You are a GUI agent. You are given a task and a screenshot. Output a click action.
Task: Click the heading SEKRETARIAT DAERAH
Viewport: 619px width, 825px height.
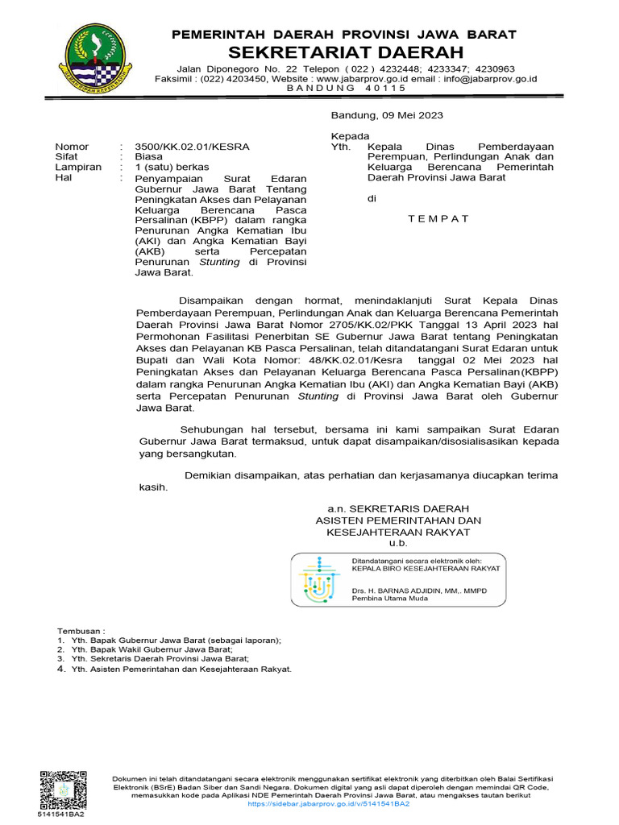point(346,52)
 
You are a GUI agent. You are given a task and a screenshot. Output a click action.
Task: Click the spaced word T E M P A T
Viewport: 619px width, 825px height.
point(438,218)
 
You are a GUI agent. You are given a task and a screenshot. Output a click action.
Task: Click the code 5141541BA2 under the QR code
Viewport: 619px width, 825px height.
point(60,814)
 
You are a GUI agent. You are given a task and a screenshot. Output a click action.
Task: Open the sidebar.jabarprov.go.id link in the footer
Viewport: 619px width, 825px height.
point(329,804)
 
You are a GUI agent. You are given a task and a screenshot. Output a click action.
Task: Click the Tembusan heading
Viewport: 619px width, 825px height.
point(81,630)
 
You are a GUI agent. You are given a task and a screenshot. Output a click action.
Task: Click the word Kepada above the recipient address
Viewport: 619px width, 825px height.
point(351,136)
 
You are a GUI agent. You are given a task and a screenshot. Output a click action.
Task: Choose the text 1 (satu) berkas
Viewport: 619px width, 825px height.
point(171,167)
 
